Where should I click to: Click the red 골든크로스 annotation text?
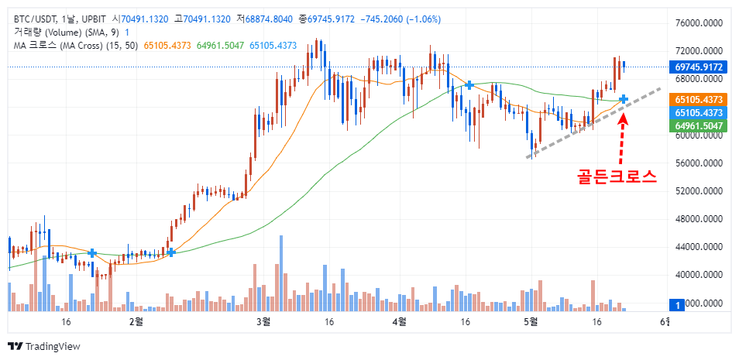tap(617, 176)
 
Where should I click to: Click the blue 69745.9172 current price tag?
tap(699, 67)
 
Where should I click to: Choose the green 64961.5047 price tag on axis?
tap(699, 125)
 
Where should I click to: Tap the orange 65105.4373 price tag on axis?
tap(699, 100)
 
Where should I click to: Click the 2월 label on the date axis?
tap(136, 321)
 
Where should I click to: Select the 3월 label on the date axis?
tap(263, 321)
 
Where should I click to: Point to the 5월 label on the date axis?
tap(530, 321)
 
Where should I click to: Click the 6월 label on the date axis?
tap(664, 321)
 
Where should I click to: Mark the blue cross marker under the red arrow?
tap(623, 98)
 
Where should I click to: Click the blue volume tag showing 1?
tap(679, 306)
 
